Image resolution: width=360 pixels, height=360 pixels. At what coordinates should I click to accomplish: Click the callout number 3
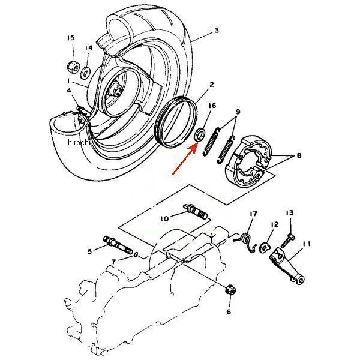(x=217, y=30)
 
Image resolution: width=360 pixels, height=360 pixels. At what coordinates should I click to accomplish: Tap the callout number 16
(x=212, y=106)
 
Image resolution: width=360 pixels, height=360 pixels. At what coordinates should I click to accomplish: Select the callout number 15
(x=70, y=38)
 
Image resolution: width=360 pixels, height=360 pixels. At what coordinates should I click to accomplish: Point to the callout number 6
(x=229, y=312)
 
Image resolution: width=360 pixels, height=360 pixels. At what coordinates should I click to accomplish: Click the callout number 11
(x=307, y=244)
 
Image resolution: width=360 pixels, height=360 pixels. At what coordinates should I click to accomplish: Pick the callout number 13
(x=289, y=213)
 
